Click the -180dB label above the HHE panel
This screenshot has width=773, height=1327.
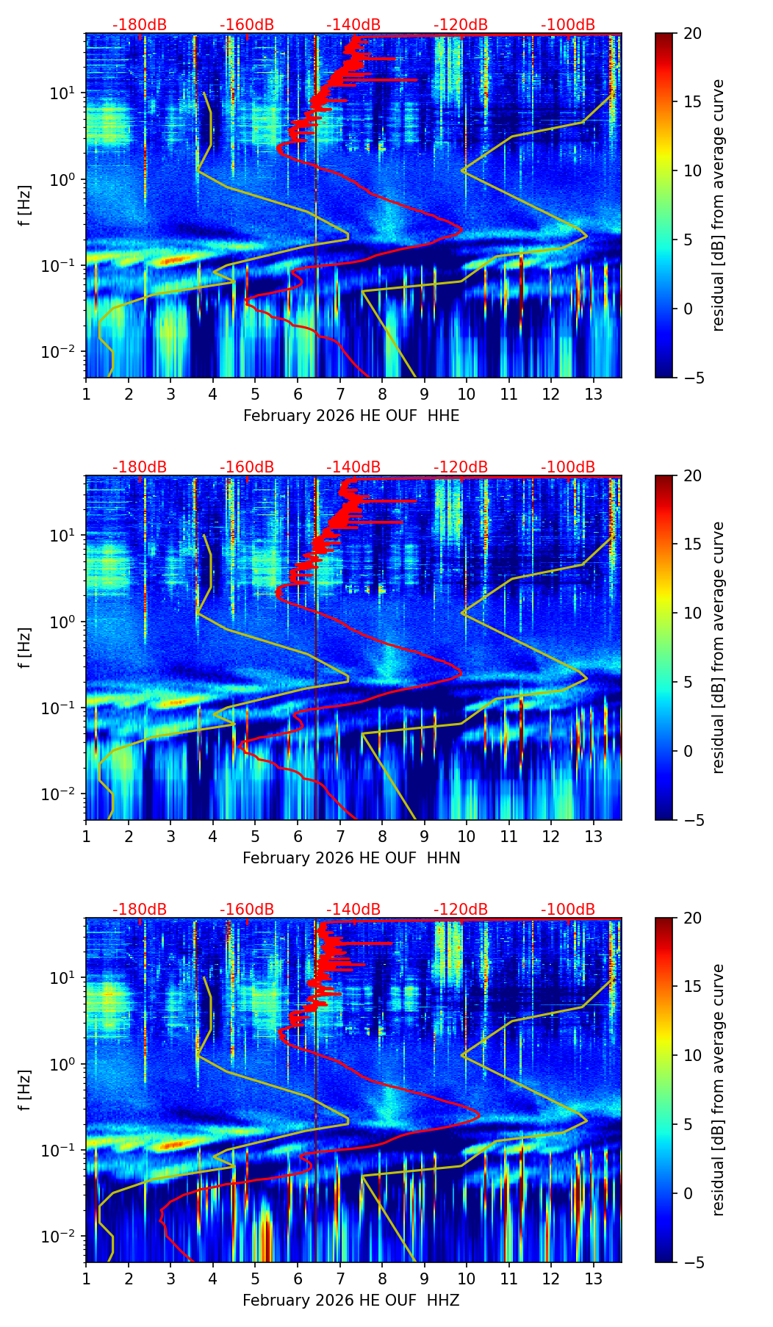140,25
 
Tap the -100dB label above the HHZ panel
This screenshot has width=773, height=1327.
568,910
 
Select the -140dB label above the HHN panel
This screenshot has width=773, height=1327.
353,467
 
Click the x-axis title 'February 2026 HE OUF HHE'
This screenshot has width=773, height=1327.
351,416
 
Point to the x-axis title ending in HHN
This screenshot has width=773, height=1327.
351,858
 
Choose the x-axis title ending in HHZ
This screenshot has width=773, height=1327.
351,1301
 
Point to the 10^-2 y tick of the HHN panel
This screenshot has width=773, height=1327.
59,794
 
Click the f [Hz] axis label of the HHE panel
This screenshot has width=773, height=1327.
25,206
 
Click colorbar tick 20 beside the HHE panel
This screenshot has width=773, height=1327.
693,34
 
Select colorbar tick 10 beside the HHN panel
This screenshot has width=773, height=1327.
693,613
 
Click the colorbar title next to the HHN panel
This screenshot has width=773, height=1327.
719,647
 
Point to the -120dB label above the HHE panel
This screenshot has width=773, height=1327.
461,25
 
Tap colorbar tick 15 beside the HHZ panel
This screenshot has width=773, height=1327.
693,987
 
